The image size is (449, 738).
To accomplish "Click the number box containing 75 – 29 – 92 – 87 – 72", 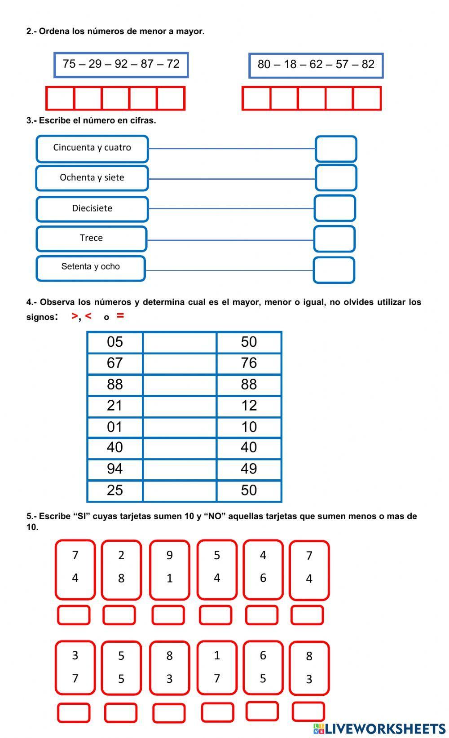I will pyautogui.click(x=121, y=65).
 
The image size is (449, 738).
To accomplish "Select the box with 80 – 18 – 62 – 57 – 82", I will pyautogui.click(x=316, y=65).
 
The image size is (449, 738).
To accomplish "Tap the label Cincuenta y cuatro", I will pyautogui.click(x=92, y=148).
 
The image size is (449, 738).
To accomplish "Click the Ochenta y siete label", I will pyautogui.click(x=92, y=178).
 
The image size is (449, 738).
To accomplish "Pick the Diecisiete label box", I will pyautogui.click(x=92, y=208).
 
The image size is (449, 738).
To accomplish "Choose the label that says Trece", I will pyautogui.click(x=91, y=239).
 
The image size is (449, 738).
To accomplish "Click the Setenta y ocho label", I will pyautogui.click(x=91, y=268).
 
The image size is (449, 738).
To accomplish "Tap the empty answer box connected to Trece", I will pyautogui.click(x=334, y=239).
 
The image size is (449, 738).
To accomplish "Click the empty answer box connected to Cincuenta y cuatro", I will pyautogui.click(x=336, y=149).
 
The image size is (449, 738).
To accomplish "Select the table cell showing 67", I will pyautogui.click(x=115, y=363).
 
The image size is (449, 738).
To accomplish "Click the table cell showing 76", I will pyautogui.click(x=249, y=363).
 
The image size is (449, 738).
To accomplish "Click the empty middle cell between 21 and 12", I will pyautogui.click(x=180, y=406).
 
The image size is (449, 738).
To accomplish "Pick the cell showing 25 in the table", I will pyautogui.click(x=115, y=491).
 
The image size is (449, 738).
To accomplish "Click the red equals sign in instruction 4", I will pyautogui.click(x=120, y=316).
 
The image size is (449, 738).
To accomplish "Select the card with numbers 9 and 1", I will pyautogui.click(x=169, y=569).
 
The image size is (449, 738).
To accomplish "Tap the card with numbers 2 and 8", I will pyautogui.click(x=121, y=569).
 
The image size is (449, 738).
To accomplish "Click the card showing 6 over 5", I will pyautogui.click(x=263, y=667).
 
